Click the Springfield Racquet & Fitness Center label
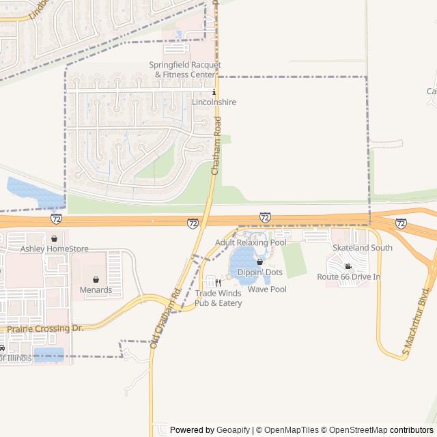pos(185,69)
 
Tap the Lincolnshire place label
pos(214,102)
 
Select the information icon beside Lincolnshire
pos(214,91)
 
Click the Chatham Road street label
pos(217,145)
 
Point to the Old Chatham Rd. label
pos(164,319)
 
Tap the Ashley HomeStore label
pos(55,249)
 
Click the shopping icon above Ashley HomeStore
pos(54,238)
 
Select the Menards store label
pos(96,290)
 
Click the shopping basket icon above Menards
pos(96,279)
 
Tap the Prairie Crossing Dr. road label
pos(45,328)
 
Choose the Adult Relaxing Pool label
pos(251,242)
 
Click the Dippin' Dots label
pos(259,272)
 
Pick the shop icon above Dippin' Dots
pos(259,262)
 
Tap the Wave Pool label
pos(267,290)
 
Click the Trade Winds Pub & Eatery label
pos(218,298)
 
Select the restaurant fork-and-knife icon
pos(218,282)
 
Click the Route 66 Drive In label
pos(348,277)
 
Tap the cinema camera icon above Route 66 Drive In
pos(348,266)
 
